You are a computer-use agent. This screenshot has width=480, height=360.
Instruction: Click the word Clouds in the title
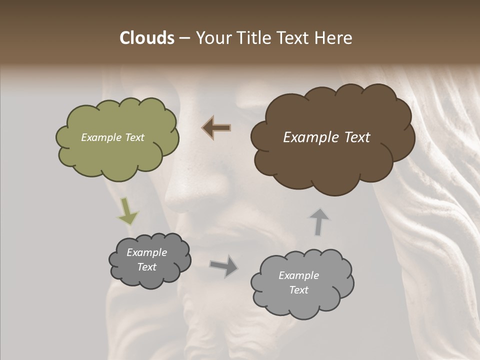[x=146, y=38]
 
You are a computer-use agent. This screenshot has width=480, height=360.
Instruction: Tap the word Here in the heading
[x=333, y=38]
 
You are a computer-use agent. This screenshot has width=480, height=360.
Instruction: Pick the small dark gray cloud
[x=149, y=277]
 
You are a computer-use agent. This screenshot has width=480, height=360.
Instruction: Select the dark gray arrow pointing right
[x=224, y=265]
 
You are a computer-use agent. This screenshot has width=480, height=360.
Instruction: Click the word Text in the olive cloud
[x=134, y=137]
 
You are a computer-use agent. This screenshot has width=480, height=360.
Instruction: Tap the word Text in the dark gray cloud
[x=147, y=267]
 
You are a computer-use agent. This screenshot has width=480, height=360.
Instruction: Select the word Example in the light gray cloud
[x=298, y=275]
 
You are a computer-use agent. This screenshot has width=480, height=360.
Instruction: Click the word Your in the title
[x=212, y=38]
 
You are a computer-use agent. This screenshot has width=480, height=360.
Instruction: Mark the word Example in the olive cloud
[x=101, y=137]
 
